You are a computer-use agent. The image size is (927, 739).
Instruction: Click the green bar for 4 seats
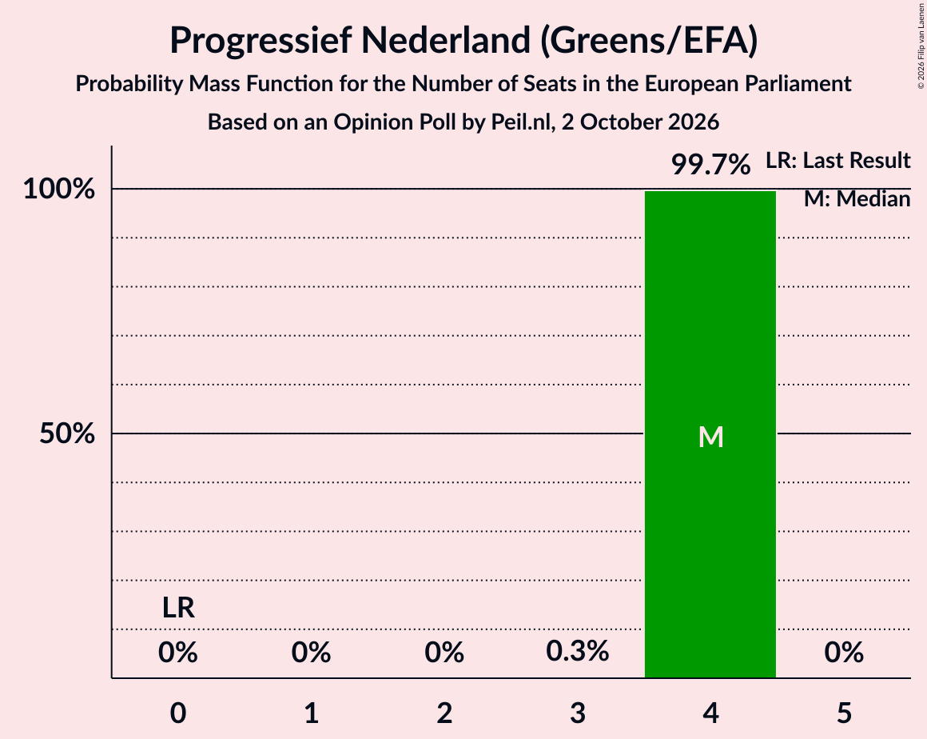(710, 434)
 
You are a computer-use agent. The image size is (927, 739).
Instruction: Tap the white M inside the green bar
(710, 437)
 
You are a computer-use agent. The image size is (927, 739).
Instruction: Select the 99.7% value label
(710, 164)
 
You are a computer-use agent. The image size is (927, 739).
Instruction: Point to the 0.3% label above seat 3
(577, 652)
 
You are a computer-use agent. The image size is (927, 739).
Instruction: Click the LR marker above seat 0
(178, 608)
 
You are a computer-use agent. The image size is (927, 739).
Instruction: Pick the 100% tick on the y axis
(58, 190)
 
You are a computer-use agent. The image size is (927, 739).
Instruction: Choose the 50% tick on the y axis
(67, 433)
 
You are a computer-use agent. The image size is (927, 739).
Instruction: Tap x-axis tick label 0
(178, 713)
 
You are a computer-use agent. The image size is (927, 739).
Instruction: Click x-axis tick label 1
(312, 713)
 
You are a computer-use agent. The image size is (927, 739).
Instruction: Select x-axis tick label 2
(444, 713)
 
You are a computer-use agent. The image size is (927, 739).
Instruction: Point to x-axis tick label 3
(578, 713)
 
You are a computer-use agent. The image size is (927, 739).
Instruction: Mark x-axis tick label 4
(710, 713)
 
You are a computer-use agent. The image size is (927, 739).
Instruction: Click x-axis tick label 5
(844, 713)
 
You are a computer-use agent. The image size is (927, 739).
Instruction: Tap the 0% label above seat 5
(844, 653)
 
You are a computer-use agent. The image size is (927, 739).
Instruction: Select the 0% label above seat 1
(311, 653)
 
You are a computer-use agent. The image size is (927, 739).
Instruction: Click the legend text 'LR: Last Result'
(838, 160)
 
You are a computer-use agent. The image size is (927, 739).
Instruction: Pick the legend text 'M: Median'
(857, 199)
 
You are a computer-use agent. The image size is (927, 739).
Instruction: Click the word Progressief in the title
(261, 40)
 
